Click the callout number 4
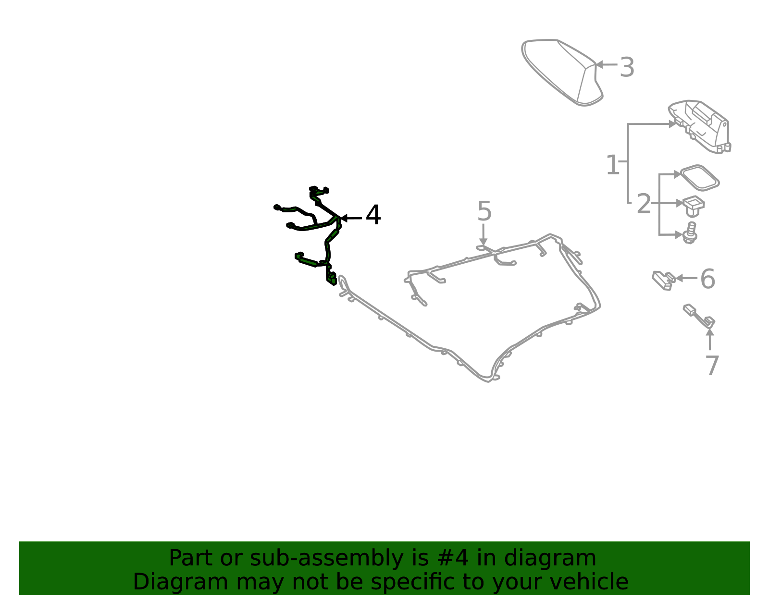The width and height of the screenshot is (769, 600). click(373, 215)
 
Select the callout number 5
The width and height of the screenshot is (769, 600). click(484, 211)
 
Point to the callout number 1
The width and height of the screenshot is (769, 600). click(613, 164)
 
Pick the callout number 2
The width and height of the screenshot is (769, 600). click(644, 204)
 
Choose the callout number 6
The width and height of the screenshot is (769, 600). click(707, 279)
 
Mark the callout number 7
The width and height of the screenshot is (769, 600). click(712, 366)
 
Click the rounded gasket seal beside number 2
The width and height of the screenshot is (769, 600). click(700, 178)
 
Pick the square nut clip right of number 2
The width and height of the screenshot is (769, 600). click(694, 206)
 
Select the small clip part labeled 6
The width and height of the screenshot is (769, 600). click(664, 281)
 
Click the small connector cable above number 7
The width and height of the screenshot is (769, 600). click(699, 317)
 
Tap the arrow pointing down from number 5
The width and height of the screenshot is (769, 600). click(483, 234)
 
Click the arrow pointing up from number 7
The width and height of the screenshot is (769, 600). click(710, 340)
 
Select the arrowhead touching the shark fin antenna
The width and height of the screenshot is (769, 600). click(599, 65)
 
